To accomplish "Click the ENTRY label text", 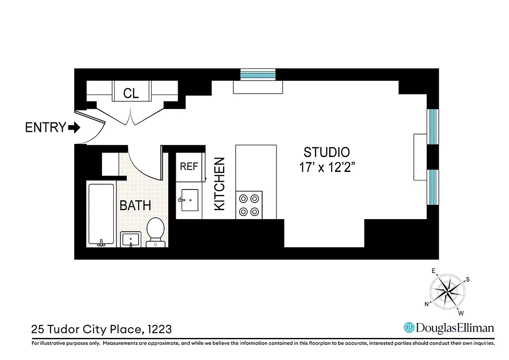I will [45, 128].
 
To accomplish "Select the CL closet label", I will [131, 94].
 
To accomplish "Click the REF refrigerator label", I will [189, 166].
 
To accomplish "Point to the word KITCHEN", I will [219, 184].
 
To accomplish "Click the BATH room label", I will [135, 206].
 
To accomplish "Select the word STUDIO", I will [326, 152].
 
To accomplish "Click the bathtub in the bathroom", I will [101, 215].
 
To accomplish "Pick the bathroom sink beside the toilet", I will [131, 239].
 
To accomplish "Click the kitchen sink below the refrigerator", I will [188, 200].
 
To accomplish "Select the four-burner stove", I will [249, 205].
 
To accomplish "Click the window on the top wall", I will [258, 74].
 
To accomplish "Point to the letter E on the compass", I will [434, 271].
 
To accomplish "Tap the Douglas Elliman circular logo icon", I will [409, 328].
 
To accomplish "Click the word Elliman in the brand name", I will [475, 328].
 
